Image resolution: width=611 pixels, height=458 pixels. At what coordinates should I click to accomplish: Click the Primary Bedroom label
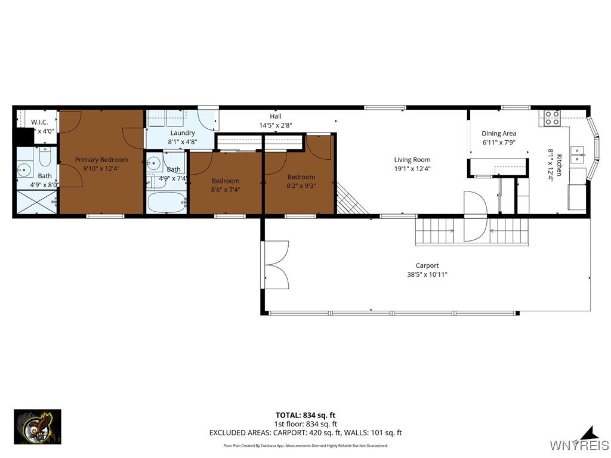(x=101, y=159)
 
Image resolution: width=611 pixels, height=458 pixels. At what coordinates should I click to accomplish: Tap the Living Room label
(x=412, y=159)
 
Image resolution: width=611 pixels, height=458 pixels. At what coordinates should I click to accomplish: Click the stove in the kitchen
(x=551, y=118)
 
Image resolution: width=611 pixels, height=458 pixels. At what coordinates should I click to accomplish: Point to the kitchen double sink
(x=576, y=154)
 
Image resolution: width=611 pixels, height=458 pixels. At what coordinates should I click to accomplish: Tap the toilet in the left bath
(x=45, y=158)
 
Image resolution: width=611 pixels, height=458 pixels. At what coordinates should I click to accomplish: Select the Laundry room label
(x=182, y=132)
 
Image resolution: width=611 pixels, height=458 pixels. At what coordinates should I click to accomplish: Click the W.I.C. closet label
(x=39, y=122)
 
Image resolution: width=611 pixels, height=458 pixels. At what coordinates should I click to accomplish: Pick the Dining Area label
(x=499, y=134)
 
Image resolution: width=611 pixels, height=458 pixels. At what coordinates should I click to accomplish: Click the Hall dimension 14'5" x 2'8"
(x=275, y=125)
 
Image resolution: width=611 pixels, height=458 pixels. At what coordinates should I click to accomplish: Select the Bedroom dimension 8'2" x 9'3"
(x=301, y=185)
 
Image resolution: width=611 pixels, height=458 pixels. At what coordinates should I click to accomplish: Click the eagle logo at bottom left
(x=38, y=426)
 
